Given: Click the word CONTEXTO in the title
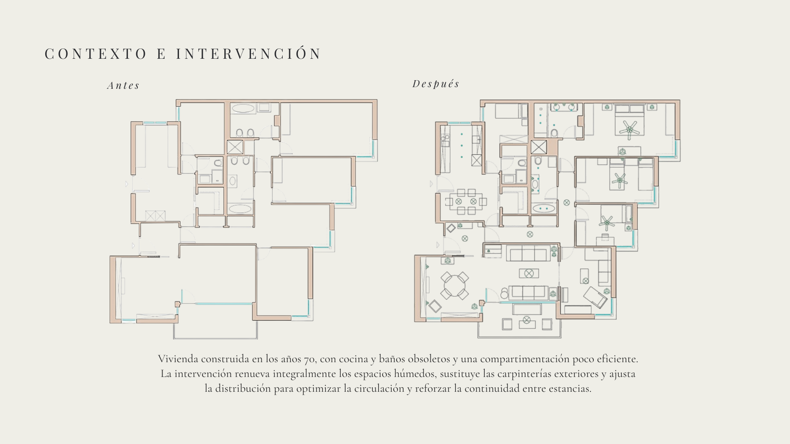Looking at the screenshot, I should coord(95,54).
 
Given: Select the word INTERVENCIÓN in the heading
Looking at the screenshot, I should coord(249,54).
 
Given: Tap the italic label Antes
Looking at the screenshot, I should coord(123,86).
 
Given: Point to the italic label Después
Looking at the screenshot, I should coord(436,84).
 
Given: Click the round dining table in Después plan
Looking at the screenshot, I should coord(455,286).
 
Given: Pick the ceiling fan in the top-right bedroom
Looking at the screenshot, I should coord(629,128).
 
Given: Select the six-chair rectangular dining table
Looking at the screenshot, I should coord(466,201).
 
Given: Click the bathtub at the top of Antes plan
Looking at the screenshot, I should coord(243,109).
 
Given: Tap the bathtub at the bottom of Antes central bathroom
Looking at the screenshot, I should coord(239,209).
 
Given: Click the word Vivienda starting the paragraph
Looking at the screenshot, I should coord(178,359).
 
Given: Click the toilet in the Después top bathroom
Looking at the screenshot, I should coord(554,132).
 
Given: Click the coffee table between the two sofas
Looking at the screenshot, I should coord(529,273).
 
